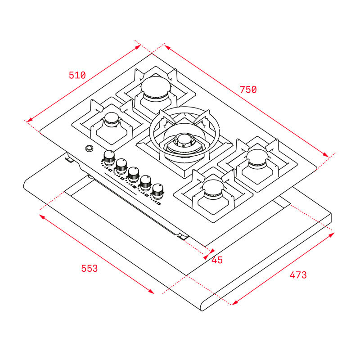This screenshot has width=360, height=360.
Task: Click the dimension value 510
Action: pyautogui.click(x=77, y=75)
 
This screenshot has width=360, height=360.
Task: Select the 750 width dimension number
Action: pyautogui.click(x=248, y=90)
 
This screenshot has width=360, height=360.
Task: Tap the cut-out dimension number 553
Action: pyautogui.click(x=89, y=269)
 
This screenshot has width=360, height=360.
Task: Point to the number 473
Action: pyautogui.click(x=298, y=274)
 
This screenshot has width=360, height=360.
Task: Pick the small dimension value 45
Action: pyautogui.click(x=217, y=260)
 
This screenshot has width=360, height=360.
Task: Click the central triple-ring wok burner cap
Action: pyautogui.click(x=184, y=140)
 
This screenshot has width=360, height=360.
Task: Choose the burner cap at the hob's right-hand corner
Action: pyautogui.click(x=257, y=157)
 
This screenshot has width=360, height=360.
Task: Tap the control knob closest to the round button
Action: pyautogui.click(x=109, y=157)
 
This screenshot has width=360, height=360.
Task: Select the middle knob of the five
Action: pyautogui.click(x=133, y=174)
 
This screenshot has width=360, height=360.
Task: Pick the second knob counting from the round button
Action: pyautogui.click(x=121, y=165)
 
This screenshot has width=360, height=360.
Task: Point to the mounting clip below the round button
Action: pyautogui.click(x=70, y=158)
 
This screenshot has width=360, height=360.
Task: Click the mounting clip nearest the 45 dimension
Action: pyautogui.click(x=182, y=236)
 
